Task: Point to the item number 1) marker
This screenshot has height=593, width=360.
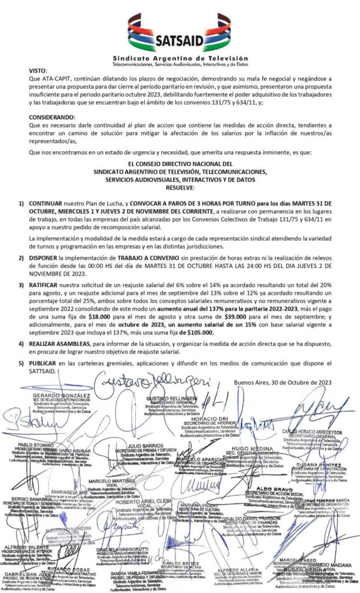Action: (x=21, y=204)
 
